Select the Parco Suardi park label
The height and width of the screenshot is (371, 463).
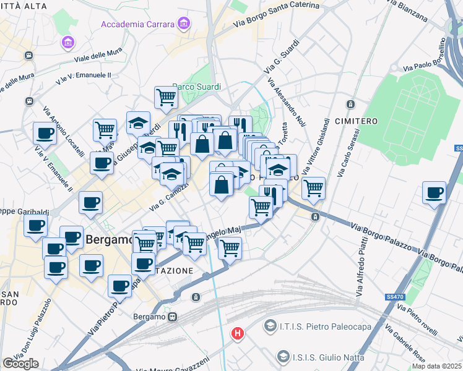click(x=196, y=87)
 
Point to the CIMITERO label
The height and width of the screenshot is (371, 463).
click(x=357, y=121)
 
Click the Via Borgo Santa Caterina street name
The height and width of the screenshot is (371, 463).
click(x=277, y=17)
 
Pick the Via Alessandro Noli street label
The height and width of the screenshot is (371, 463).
click(x=287, y=102)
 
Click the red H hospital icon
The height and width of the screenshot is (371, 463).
click(x=237, y=334)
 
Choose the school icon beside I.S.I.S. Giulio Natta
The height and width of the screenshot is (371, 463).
click(x=283, y=356)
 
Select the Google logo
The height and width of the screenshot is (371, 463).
click(x=20, y=364)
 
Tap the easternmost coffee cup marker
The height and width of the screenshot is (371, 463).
click(x=435, y=192)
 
